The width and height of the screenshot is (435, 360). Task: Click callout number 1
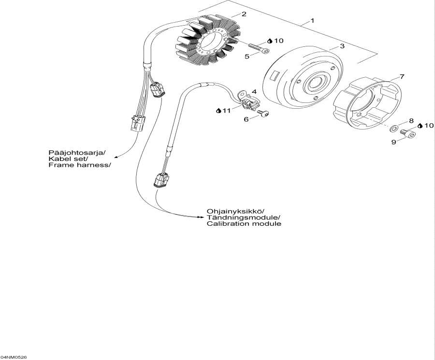point(312,21)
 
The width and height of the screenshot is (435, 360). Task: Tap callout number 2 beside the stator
point(244,14)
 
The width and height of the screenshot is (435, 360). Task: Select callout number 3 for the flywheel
point(342,46)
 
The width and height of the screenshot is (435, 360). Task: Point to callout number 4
point(254,91)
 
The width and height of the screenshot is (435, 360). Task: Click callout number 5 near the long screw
point(247,57)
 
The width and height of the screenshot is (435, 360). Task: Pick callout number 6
point(246,119)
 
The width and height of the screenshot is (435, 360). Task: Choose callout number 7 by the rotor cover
point(402,76)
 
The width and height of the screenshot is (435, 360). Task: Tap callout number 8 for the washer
point(411,121)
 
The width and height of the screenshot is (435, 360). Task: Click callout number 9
point(393,142)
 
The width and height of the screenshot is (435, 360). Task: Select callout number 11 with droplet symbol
point(224,111)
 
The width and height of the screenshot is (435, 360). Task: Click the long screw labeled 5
point(259,48)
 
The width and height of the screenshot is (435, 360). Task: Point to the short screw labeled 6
point(263,114)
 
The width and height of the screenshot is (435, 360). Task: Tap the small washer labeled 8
point(393,129)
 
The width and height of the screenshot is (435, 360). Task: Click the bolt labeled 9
point(408,134)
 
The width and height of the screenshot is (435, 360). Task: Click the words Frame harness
point(80,165)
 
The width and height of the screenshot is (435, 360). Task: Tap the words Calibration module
point(244,224)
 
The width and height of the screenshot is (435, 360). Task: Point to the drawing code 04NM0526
point(14,357)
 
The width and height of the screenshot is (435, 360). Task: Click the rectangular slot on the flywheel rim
point(276,76)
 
